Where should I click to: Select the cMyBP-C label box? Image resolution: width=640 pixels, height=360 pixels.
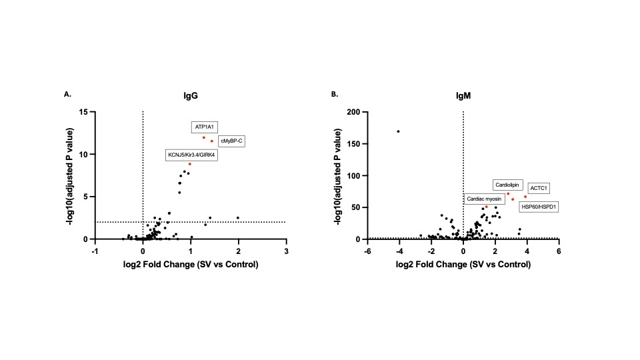[231, 141]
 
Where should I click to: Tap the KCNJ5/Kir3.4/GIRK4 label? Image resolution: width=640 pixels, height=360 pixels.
[191, 155]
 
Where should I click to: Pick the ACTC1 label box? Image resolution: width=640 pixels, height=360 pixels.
[538, 189]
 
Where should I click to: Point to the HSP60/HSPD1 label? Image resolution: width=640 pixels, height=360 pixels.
[538, 207]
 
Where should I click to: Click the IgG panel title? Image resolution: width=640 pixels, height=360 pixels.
[191, 96]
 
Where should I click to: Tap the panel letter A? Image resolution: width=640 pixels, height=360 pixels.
[67, 95]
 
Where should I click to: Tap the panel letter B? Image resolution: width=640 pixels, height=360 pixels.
[335, 95]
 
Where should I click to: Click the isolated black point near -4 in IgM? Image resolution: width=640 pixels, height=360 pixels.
[399, 131]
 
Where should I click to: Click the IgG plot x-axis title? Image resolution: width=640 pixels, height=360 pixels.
[191, 264]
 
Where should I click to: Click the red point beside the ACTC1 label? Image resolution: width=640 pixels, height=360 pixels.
[525, 197]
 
